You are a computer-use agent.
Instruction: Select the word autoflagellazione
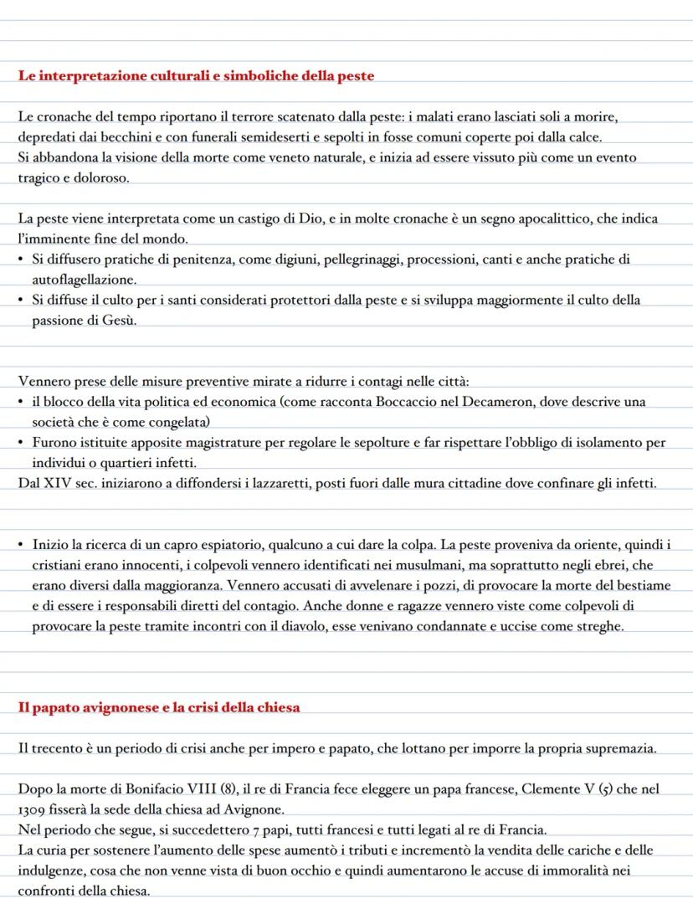pyautogui.click(x=84, y=280)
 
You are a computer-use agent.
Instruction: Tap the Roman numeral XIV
pyautogui.click(x=58, y=483)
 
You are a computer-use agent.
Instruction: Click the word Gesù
pyautogui.click(x=121, y=321)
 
